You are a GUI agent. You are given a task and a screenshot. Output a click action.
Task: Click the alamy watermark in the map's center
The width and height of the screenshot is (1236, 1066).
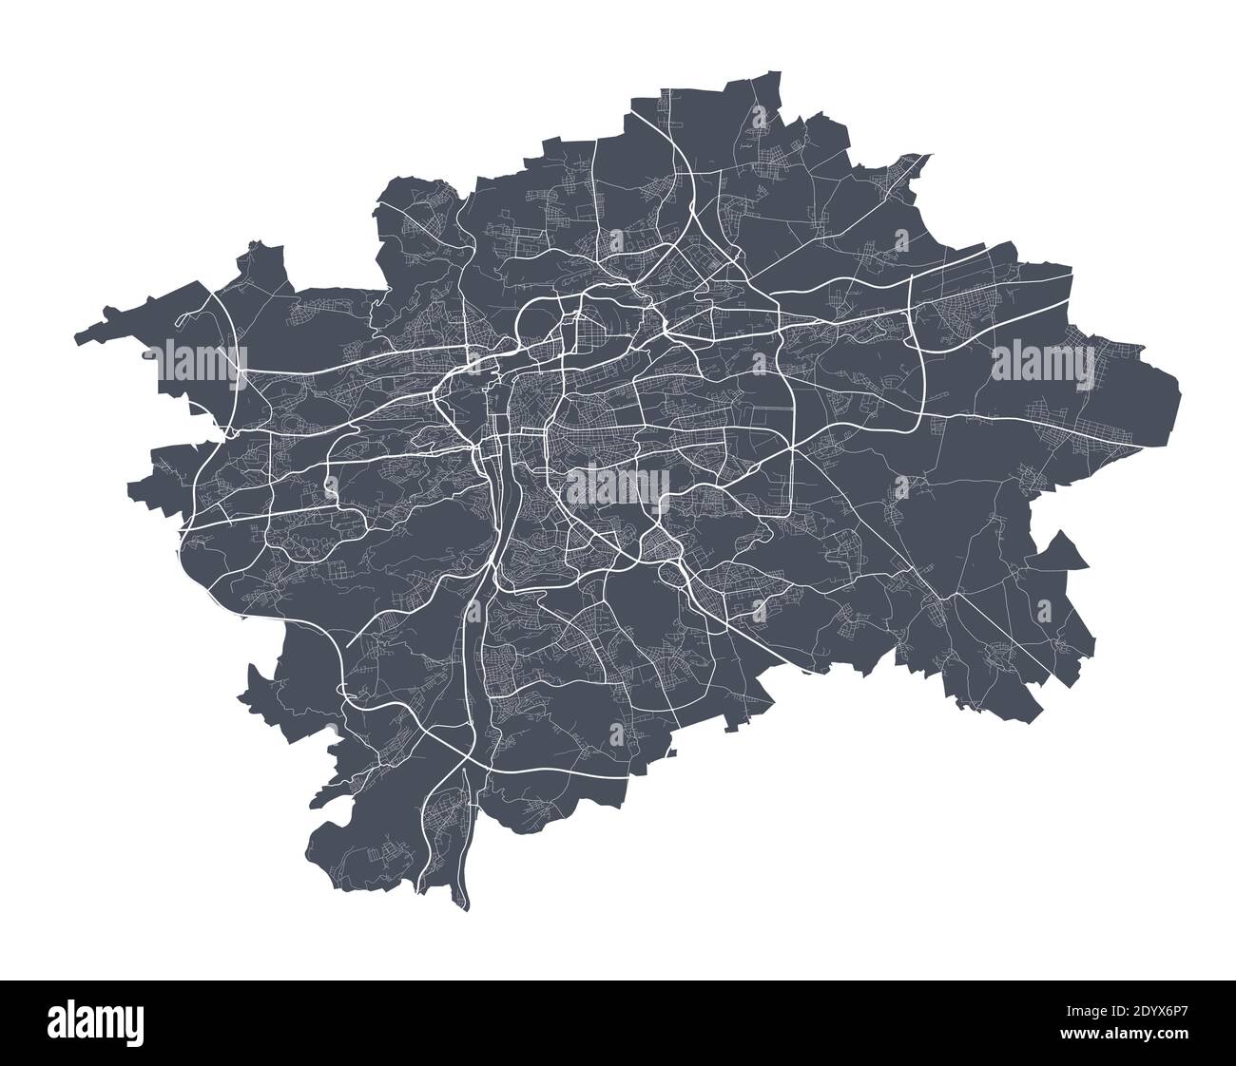point(618,487)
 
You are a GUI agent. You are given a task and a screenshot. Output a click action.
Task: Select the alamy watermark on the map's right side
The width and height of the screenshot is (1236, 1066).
point(1043,362)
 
